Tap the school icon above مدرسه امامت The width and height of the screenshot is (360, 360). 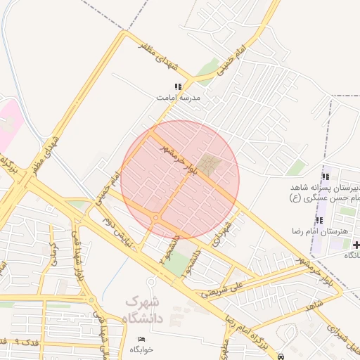tap(177, 87)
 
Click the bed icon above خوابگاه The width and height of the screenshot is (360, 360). tap(143, 340)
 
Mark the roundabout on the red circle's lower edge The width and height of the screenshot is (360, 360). tap(155, 219)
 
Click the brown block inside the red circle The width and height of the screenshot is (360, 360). tap(208, 166)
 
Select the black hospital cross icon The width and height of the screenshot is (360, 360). tap(356, 245)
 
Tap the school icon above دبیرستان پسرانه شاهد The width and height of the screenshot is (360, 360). tap(324, 176)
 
